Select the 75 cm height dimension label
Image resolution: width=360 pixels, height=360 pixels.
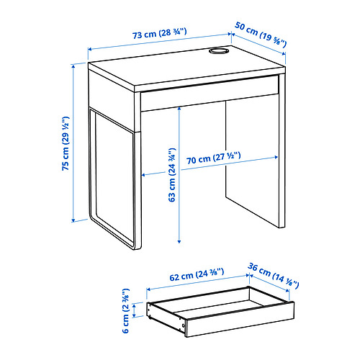point(65,144)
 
